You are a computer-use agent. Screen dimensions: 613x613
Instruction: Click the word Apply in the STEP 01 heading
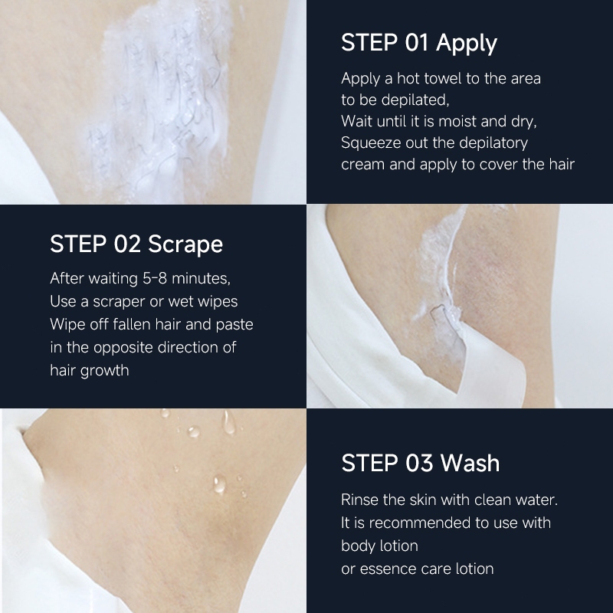(x=467, y=44)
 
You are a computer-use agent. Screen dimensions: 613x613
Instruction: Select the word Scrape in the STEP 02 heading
(x=185, y=244)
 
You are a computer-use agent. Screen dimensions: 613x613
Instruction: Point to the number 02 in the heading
(x=127, y=244)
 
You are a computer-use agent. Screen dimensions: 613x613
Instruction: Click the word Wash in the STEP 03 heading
(x=470, y=463)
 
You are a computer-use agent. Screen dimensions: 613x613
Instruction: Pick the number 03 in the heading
(x=419, y=463)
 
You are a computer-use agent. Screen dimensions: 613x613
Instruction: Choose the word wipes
(x=218, y=301)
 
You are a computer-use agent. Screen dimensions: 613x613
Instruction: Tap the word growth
(x=104, y=371)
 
